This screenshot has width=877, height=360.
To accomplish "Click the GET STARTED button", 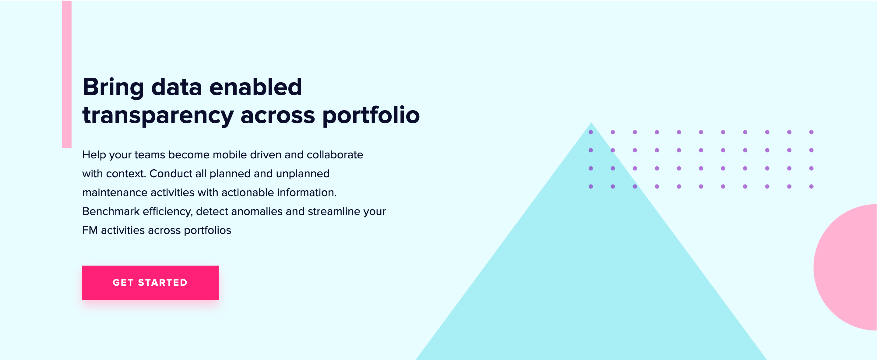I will pos(150,282).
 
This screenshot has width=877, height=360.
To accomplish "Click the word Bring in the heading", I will pos(113,87).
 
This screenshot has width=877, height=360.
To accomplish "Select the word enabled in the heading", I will pos(255,87).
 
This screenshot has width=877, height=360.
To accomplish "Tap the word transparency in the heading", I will pos(158,116).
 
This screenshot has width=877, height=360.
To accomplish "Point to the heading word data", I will pos(176,87).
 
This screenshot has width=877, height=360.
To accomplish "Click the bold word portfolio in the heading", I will pos(371,116).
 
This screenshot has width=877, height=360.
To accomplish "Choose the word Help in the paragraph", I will pos(94,155).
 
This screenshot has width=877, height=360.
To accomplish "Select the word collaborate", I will pos(335,155).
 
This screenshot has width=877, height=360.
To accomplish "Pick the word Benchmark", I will pos(111,211).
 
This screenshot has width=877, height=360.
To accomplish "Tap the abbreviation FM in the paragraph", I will pos(90,231).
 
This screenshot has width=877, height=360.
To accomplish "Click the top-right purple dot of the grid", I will pos(811,132).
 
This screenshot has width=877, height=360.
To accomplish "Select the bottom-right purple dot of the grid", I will pos(811,186).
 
